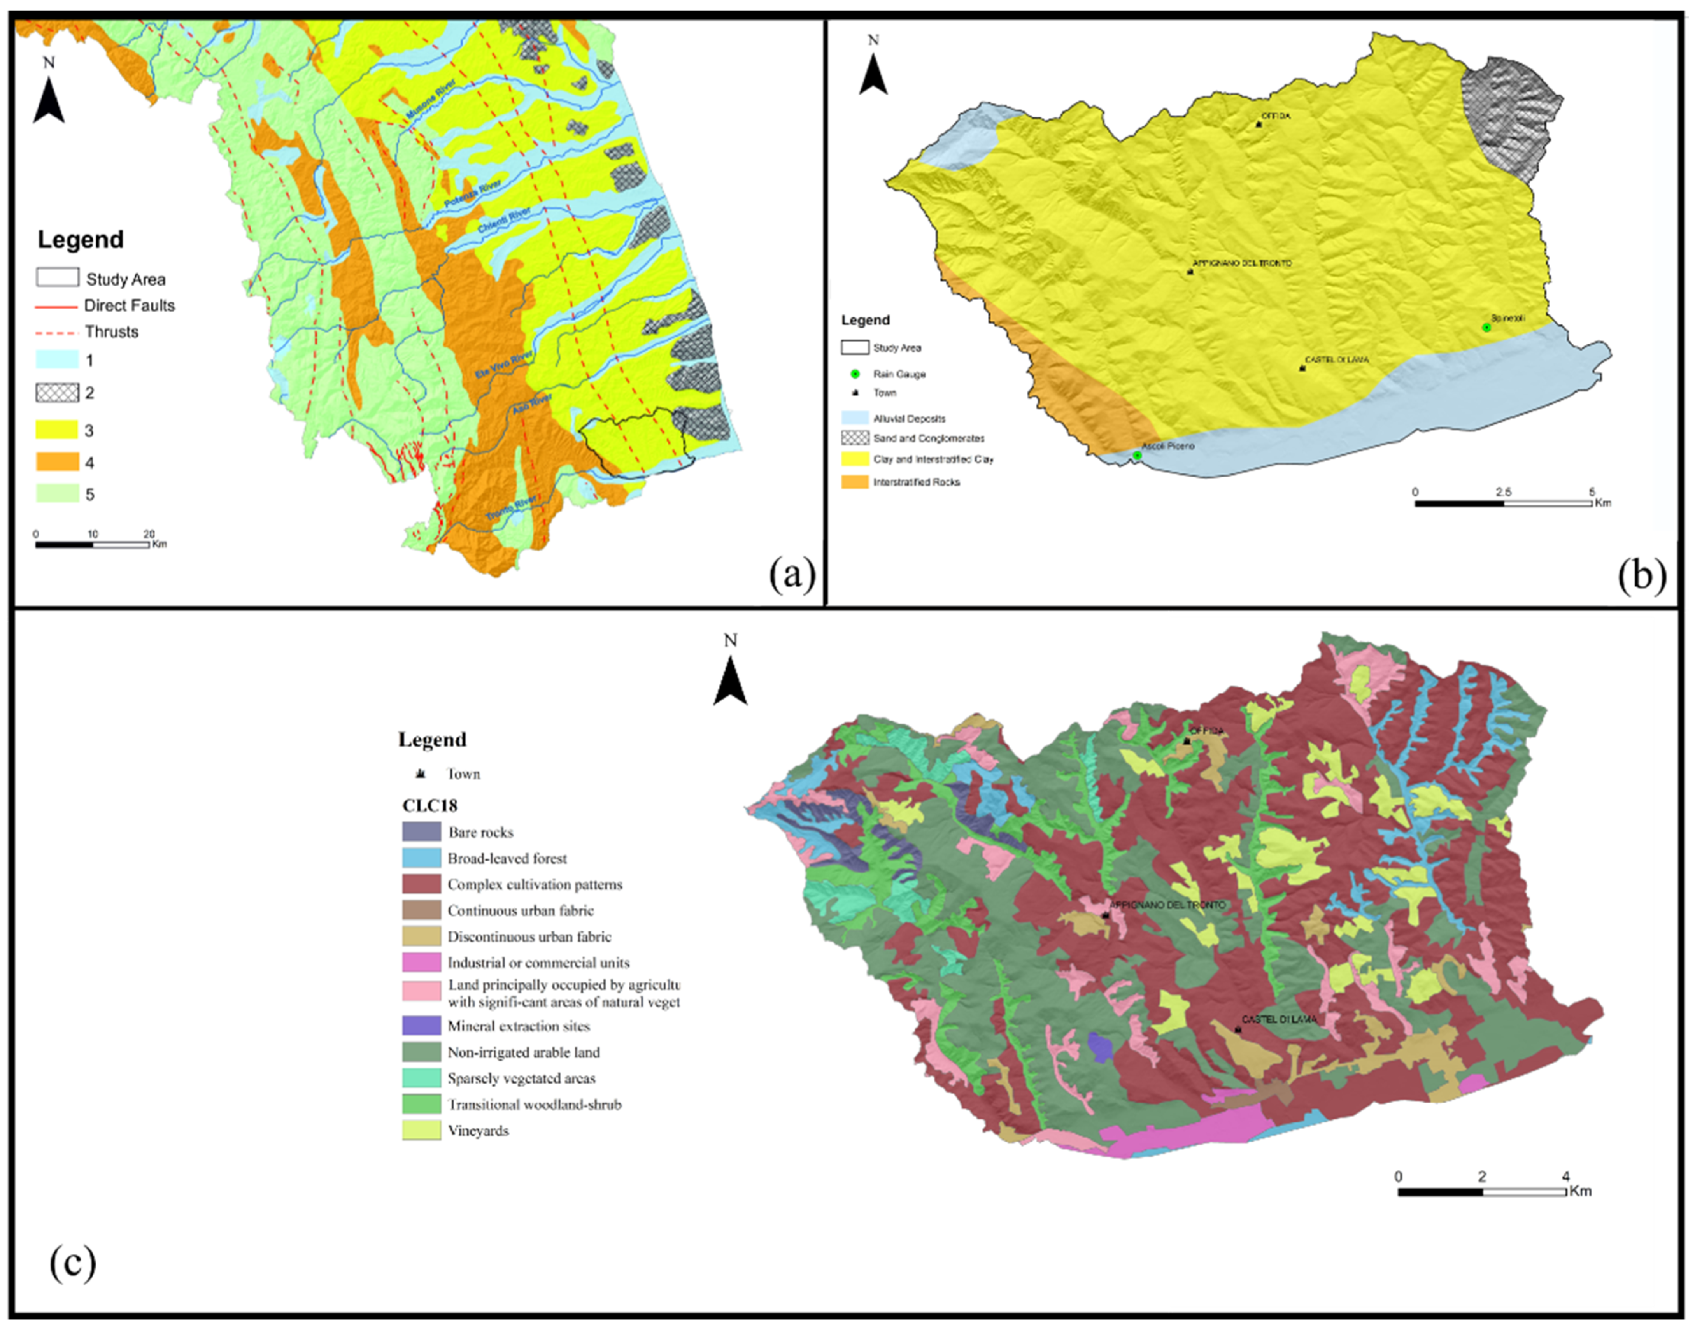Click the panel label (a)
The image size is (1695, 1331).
(792, 575)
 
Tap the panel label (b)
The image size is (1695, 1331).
(1641, 575)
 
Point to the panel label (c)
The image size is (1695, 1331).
(72, 1263)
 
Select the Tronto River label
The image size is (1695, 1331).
(511, 508)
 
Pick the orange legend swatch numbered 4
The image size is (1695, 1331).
(57, 462)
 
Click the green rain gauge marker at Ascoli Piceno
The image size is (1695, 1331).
(1137, 455)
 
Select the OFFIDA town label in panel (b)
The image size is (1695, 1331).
(1276, 116)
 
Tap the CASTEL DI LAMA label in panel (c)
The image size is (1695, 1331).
(1279, 1019)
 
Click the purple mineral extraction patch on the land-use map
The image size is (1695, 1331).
(1100, 1047)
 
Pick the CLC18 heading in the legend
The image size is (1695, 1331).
(429, 805)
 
